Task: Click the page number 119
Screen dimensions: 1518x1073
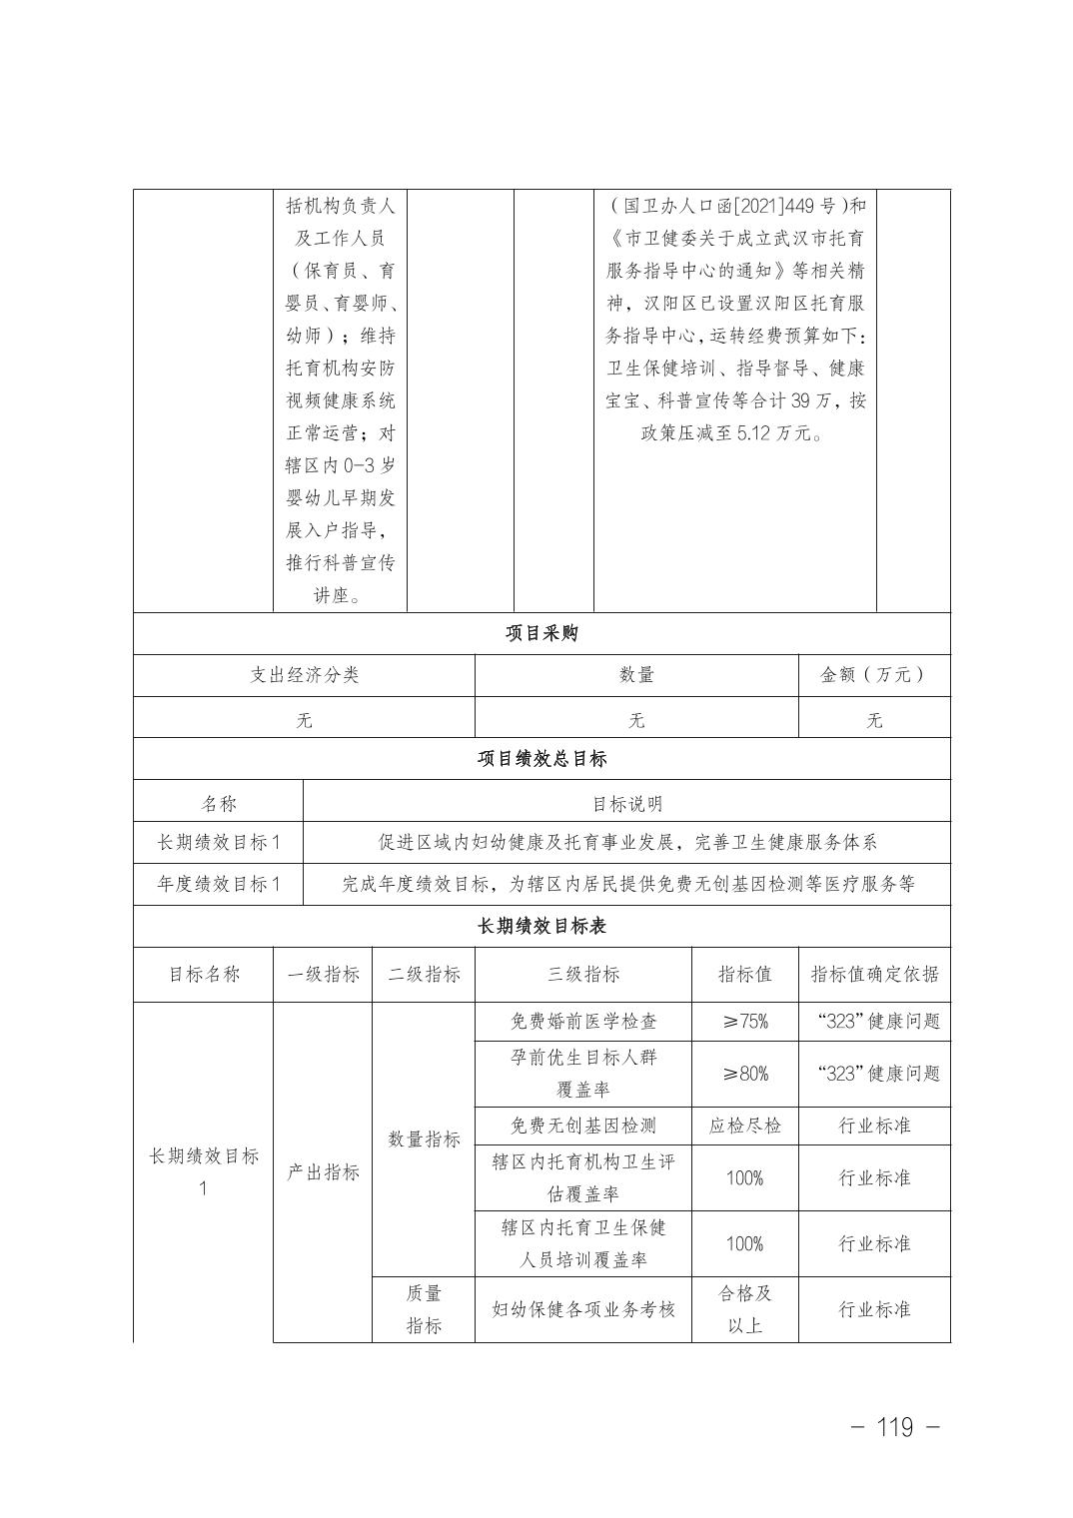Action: point(894,1427)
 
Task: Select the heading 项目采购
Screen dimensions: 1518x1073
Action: point(541,634)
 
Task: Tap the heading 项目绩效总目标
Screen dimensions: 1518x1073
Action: point(541,759)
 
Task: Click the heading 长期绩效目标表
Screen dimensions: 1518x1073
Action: point(541,927)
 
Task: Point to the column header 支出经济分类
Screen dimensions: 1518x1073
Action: point(304,675)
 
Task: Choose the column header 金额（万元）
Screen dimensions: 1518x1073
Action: point(874,675)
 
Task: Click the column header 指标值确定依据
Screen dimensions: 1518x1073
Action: point(874,975)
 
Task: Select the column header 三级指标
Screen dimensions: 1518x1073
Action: point(583,975)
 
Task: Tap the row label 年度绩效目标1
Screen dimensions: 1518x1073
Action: point(219,884)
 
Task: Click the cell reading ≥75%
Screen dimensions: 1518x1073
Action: point(745,1022)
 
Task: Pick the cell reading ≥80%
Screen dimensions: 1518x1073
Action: point(745,1074)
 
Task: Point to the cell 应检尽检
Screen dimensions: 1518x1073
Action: point(745,1126)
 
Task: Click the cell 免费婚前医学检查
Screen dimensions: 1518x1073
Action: point(583,1022)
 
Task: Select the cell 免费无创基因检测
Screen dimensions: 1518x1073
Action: point(583,1126)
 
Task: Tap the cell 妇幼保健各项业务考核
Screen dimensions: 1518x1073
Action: point(583,1309)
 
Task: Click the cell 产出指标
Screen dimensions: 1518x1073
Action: point(323,1172)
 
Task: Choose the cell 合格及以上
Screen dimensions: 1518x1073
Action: point(745,1309)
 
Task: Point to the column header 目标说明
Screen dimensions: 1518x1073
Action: point(626,803)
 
